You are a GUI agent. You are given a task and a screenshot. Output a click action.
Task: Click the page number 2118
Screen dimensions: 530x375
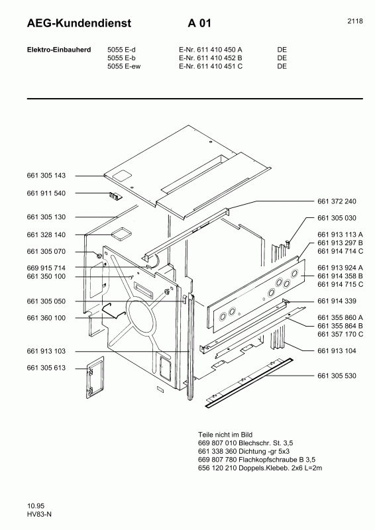click(354, 21)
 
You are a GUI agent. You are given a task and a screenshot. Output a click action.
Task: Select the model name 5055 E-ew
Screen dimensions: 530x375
click(125, 66)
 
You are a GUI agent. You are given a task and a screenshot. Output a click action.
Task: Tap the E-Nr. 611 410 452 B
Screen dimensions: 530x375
click(210, 58)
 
